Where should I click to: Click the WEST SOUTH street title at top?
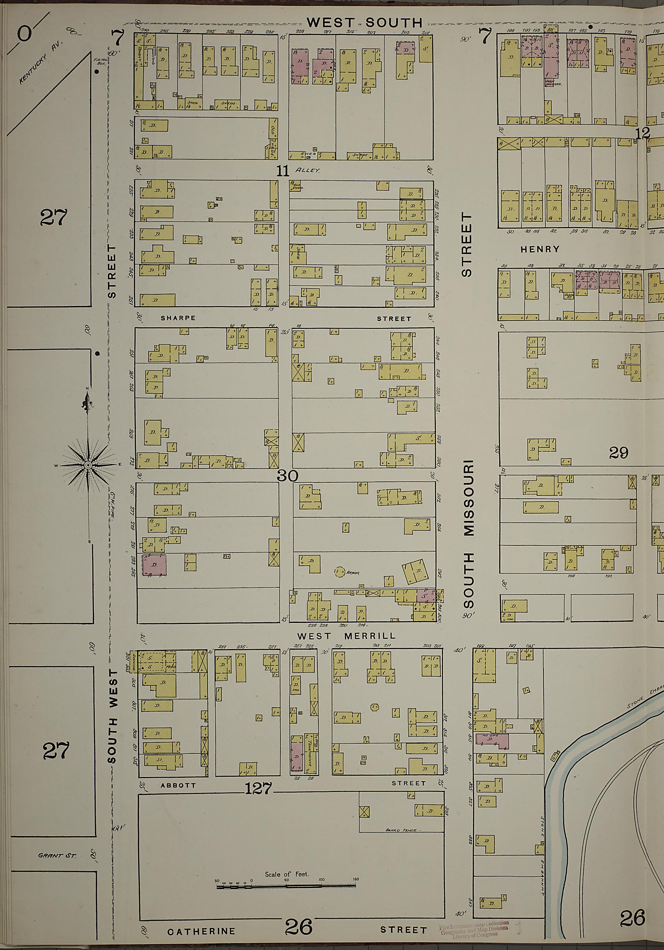pos(365,23)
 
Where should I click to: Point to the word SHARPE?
pos(178,318)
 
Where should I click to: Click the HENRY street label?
pos(540,249)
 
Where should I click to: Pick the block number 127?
pos(259,789)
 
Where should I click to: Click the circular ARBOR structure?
pos(339,572)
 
